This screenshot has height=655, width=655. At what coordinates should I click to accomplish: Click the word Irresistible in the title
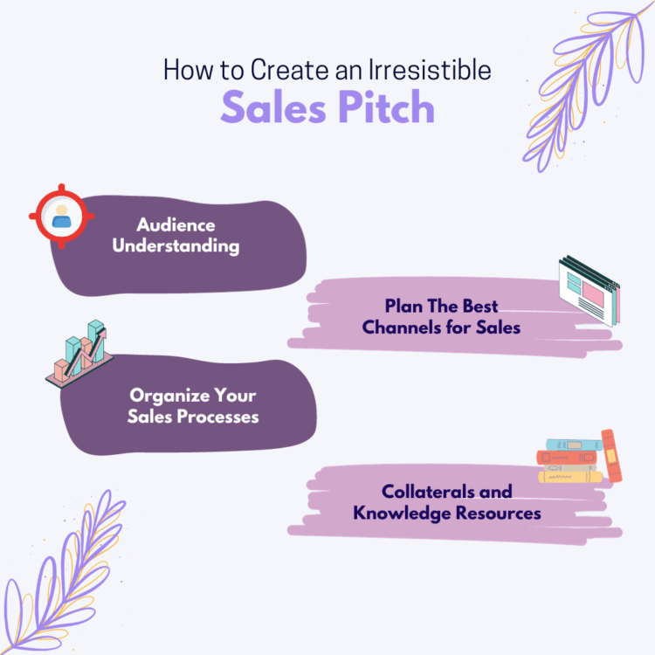point(430,69)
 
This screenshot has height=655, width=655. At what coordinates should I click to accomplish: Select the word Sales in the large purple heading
point(273,107)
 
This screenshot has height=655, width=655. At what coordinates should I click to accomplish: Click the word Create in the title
point(289,69)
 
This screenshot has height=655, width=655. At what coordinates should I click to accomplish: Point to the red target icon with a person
point(62,216)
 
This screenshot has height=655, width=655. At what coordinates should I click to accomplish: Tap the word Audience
point(176,225)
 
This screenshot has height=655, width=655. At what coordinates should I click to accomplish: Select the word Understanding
point(176,245)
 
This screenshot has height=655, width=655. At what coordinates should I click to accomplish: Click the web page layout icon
point(589,291)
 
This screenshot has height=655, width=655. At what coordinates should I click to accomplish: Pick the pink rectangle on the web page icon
point(593,294)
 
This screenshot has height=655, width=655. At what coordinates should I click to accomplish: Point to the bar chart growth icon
point(79,354)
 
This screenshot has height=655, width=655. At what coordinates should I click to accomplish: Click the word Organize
point(169,396)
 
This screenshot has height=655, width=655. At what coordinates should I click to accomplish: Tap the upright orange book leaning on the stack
point(611,456)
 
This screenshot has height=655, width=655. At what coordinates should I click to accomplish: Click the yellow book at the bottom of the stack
point(570,477)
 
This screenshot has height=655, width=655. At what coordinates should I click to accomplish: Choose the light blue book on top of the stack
point(574,445)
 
